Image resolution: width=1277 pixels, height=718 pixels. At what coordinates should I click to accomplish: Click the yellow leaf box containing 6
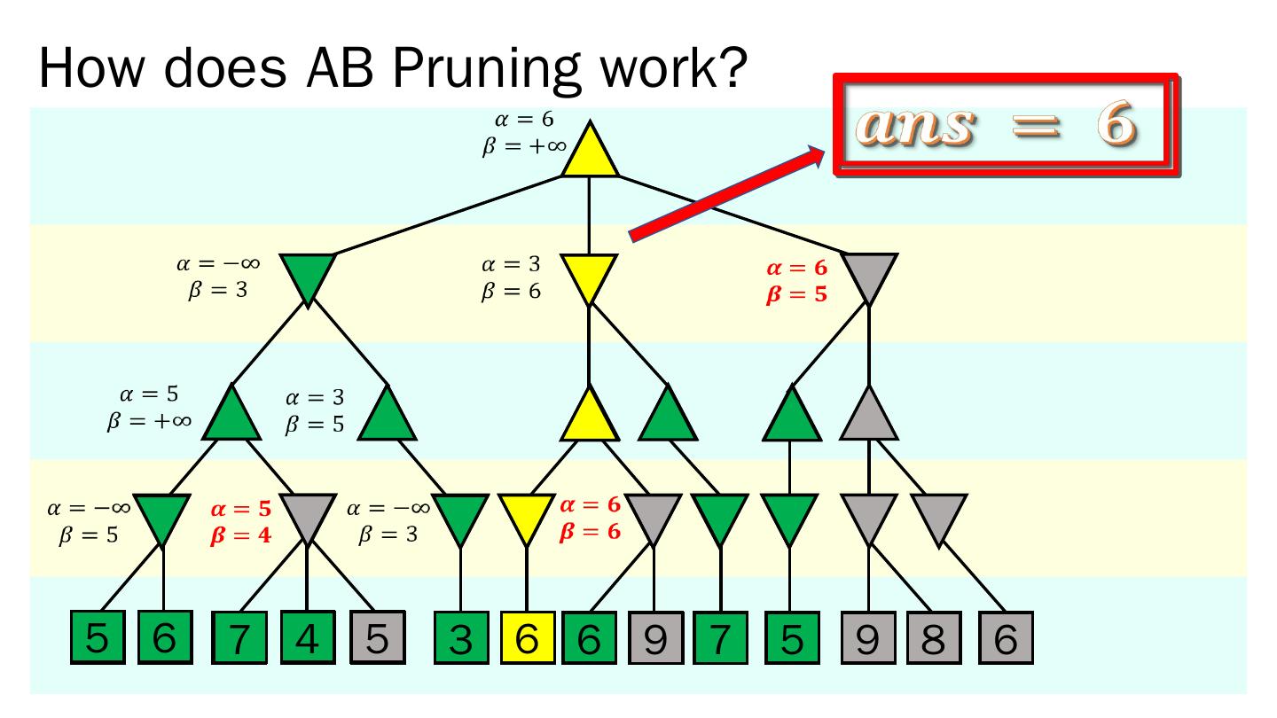point(528,636)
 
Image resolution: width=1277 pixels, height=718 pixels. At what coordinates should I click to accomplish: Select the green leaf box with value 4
point(307,636)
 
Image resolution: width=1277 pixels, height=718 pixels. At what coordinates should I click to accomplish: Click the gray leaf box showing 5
point(376,636)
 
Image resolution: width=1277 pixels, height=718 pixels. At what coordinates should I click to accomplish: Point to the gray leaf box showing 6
point(1006,636)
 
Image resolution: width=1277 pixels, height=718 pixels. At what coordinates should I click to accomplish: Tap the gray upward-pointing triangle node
point(868,416)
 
